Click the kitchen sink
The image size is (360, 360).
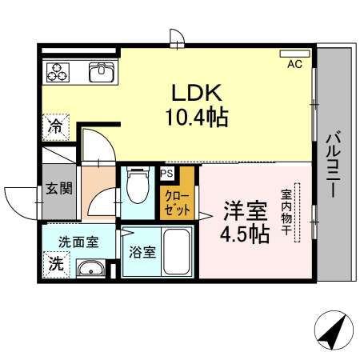pos(102,74)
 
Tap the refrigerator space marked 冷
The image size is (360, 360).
pos(55,126)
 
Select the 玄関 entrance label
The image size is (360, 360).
pos(58,189)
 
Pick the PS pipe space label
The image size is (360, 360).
pos(167,172)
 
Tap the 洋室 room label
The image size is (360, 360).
pos(244,212)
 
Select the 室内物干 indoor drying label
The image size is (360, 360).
pos(286,213)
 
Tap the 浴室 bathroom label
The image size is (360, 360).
pos(142,250)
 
